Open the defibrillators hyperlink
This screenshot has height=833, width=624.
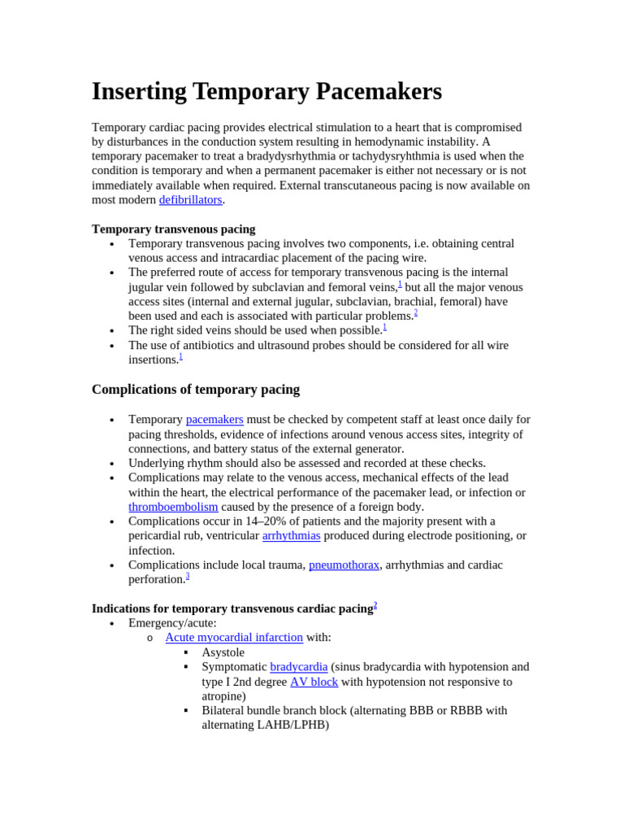coord(190,200)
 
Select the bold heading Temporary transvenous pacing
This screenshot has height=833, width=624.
coord(173,229)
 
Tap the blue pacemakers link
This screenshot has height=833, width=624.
coord(214,420)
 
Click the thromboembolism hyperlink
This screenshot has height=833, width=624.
coord(173,507)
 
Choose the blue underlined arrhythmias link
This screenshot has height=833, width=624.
coord(291,536)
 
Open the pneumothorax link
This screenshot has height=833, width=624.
coord(344,565)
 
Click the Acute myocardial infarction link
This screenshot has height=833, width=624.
coord(234,638)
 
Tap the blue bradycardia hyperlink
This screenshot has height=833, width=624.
coord(298,667)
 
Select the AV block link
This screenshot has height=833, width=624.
coord(314,682)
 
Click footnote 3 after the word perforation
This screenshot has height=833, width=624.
coord(188,576)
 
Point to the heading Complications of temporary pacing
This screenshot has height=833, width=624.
coord(196,390)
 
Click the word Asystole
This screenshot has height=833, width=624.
coord(223,652)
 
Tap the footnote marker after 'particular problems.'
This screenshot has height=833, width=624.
coord(416,312)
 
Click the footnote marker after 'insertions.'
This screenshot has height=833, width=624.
coord(180,356)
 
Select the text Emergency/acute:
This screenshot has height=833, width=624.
coord(172,623)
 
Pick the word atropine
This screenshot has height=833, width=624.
coord(222,696)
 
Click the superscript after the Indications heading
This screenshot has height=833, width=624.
coord(375,605)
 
